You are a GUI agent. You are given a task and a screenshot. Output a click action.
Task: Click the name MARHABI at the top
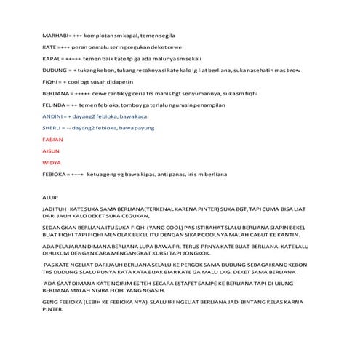click(x=55, y=35)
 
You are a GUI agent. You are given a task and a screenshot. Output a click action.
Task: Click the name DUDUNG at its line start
click(x=54, y=70)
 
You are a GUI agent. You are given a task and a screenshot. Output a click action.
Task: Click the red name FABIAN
click(x=52, y=140)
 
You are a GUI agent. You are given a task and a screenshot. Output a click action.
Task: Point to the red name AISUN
click(x=50, y=151)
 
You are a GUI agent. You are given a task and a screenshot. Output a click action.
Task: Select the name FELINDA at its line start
click(x=54, y=105)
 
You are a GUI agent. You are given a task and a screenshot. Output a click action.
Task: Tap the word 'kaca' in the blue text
click(x=140, y=116)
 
